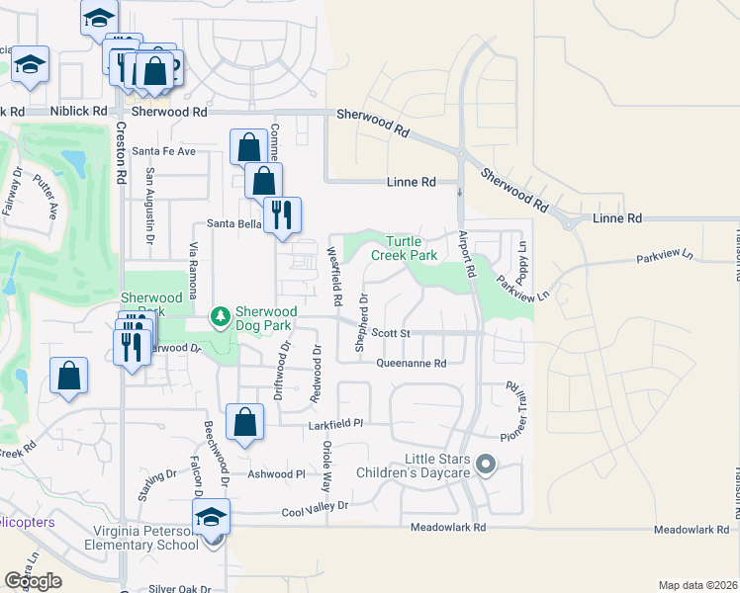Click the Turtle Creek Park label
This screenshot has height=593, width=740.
[x=404, y=248]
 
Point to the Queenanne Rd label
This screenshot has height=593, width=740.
[x=412, y=363]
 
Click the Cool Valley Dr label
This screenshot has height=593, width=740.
[x=316, y=505]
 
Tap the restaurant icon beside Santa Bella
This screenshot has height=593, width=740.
[x=283, y=213]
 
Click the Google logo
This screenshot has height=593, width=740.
[x=33, y=580]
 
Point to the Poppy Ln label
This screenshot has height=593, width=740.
[x=523, y=258]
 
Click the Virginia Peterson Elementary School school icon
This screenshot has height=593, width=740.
[x=211, y=516]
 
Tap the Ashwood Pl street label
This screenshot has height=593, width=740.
[x=277, y=474]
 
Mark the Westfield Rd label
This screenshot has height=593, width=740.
[x=336, y=276]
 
